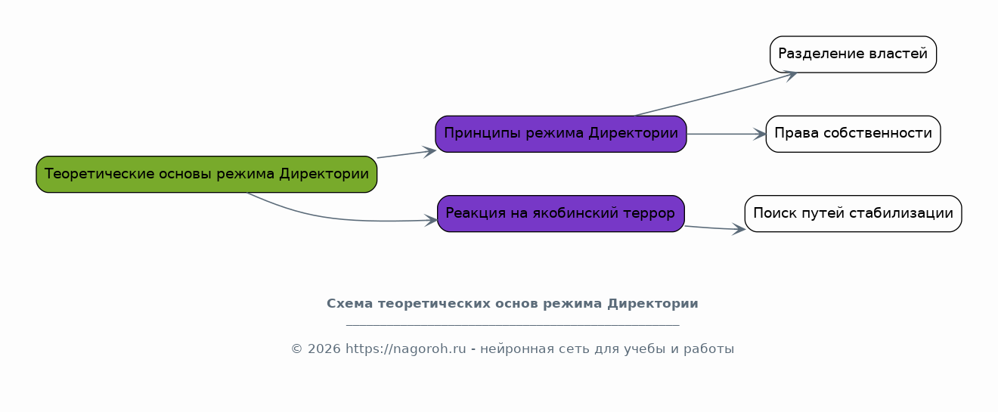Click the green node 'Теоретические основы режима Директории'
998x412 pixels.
pyautogui.click(x=206, y=174)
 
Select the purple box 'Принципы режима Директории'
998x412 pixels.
pyautogui.click(x=561, y=134)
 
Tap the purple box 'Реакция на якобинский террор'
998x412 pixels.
pyautogui.click(x=561, y=213)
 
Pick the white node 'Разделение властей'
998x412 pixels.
pyautogui.click(x=853, y=54)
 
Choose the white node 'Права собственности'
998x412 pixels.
pyautogui.click(x=853, y=134)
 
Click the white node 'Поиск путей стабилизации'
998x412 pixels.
pyautogui.click(x=853, y=213)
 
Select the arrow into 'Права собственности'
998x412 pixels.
pyautogui.click(x=727, y=134)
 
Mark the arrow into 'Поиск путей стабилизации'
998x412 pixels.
pyautogui.click(x=715, y=228)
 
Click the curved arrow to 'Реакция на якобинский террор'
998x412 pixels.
pyautogui.click(x=339, y=219)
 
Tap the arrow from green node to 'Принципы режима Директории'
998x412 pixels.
pyautogui.click(x=406, y=154)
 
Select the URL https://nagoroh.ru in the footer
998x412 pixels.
pyautogui.click(x=405, y=348)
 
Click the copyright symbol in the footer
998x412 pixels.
pyautogui.click(x=296, y=348)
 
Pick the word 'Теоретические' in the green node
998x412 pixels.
pyautogui.click(x=99, y=174)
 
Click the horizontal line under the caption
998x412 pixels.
pyautogui.click(x=513, y=325)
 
